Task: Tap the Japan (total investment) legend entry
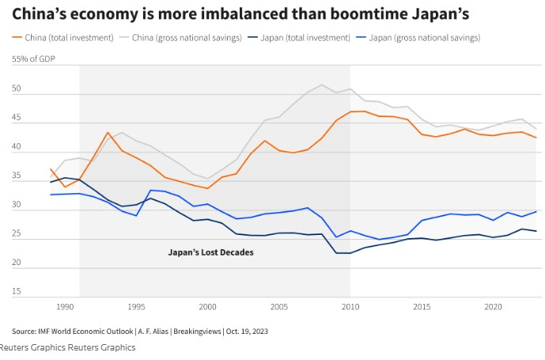301,37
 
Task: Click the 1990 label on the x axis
65,306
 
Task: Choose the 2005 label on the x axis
279,306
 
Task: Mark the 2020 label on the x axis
493,306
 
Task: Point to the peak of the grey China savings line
322,85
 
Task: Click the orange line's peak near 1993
108,132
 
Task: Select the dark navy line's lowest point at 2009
337,253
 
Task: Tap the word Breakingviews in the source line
190,331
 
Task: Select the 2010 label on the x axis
350,306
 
